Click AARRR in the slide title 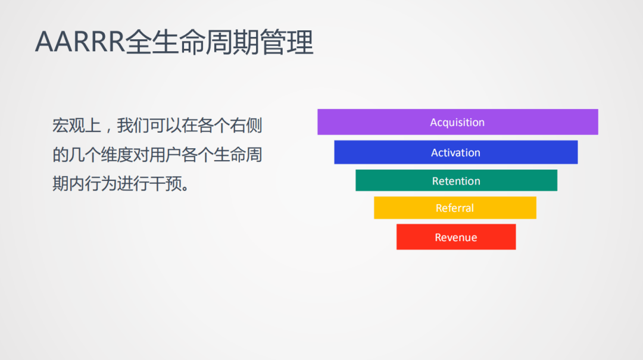coord(80,43)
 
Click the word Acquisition coord(457,123)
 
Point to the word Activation coord(455,153)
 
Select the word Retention coord(456,181)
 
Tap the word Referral coord(455,208)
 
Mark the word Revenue coord(456,237)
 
